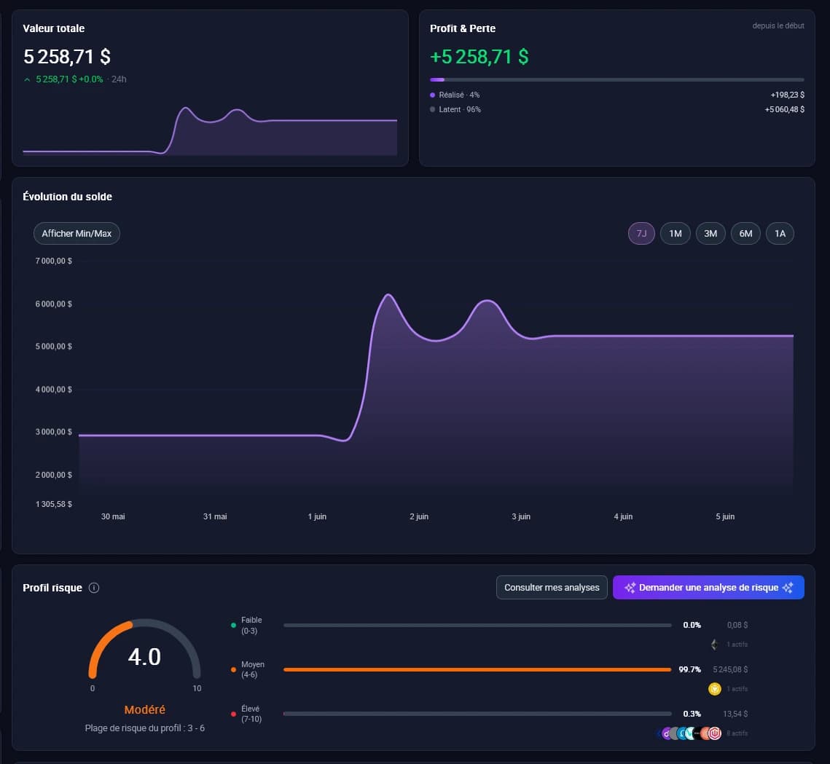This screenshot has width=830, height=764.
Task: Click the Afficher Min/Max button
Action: (77, 233)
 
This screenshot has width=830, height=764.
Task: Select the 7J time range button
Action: (641, 233)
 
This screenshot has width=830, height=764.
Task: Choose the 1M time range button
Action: (675, 233)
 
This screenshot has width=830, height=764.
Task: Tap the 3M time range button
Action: (710, 233)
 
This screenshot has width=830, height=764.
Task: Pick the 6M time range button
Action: (745, 233)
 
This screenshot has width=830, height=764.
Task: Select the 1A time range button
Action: (780, 233)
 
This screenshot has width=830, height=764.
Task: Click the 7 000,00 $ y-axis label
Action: (53, 261)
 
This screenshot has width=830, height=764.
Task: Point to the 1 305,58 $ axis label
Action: (53, 504)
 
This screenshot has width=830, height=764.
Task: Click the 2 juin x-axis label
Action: (419, 516)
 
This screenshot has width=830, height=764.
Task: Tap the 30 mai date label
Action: (113, 516)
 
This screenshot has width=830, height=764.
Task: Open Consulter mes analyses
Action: (552, 587)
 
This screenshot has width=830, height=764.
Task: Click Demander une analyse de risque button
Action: (708, 587)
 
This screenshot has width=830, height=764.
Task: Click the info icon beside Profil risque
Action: (94, 588)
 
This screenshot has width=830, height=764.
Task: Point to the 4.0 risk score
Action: (144, 657)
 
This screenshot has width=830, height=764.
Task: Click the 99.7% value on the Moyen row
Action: (690, 669)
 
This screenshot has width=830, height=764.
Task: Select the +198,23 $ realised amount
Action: (787, 95)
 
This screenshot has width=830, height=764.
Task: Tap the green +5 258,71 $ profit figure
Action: (479, 57)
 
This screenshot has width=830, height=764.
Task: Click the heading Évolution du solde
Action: (67, 197)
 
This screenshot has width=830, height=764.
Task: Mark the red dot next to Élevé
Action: (233, 714)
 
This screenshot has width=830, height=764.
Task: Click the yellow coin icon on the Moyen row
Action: (715, 689)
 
